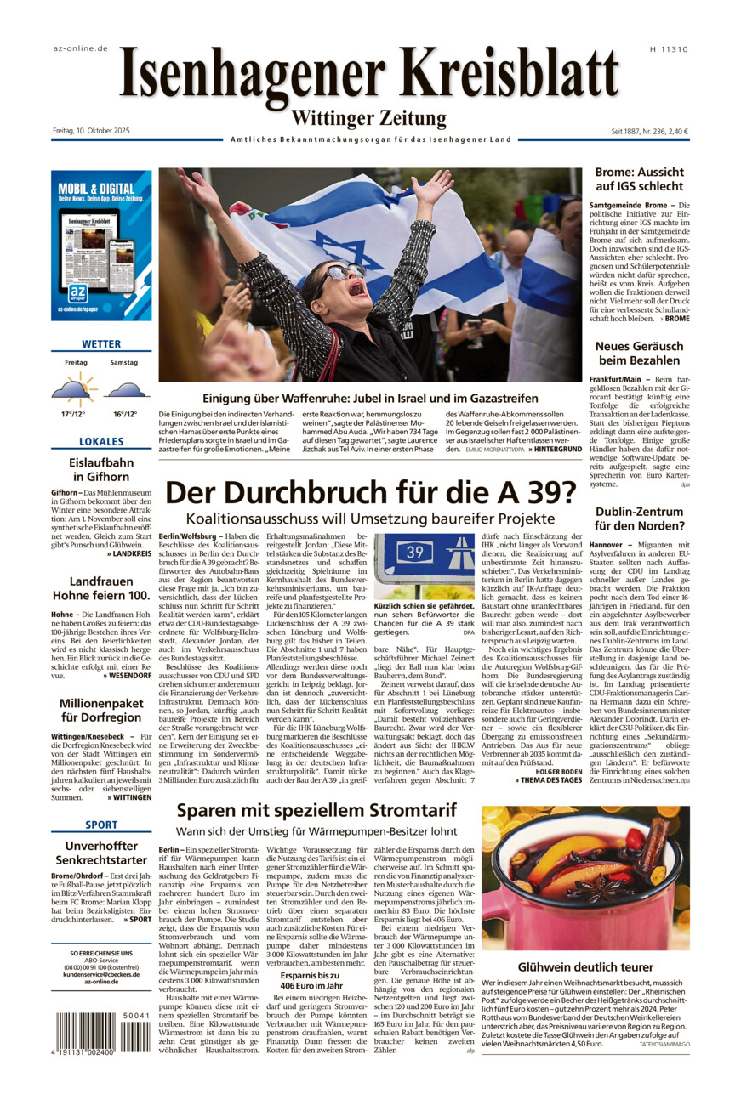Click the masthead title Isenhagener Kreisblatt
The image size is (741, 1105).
pos(369,76)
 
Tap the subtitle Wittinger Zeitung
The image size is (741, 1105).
pos(368,118)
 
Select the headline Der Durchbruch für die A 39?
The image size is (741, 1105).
pos(370,493)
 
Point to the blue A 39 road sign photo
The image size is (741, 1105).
pos(425,564)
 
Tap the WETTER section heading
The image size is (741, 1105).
pos(101,344)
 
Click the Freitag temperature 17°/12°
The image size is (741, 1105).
pos(73,414)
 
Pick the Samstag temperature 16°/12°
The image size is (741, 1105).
pos(125,414)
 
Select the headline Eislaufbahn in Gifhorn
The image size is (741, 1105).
pos(101,470)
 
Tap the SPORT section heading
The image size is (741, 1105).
pos(101,824)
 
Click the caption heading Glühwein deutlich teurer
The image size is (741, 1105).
pos(585,966)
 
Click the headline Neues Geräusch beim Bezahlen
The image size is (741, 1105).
pos(639,353)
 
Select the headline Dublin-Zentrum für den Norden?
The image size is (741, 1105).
pos(639,518)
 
